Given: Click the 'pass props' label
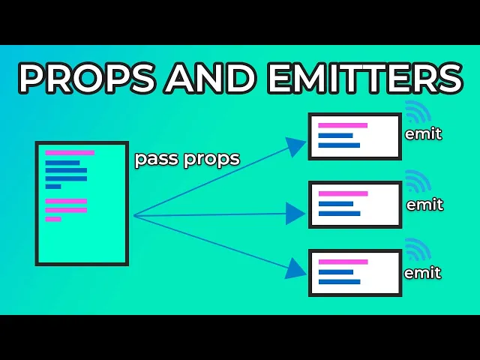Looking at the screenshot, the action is [x=187, y=159].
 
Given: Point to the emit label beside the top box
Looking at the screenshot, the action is [x=423, y=135].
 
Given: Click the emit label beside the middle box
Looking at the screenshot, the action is [x=424, y=204].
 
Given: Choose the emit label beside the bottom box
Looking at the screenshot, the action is [x=423, y=273].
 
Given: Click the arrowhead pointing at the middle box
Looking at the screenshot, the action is [x=295, y=214].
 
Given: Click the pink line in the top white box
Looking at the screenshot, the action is [x=343, y=125].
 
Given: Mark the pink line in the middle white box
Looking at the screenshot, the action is [x=343, y=193].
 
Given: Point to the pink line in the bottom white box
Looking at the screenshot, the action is [x=343, y=262].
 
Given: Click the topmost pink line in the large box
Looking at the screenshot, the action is [x=70, y=153].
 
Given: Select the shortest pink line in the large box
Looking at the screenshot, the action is [x=53, y=219].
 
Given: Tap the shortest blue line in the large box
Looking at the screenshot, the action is [x=53, y=187].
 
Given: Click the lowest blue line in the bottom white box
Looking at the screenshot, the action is [x=339, y=282].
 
